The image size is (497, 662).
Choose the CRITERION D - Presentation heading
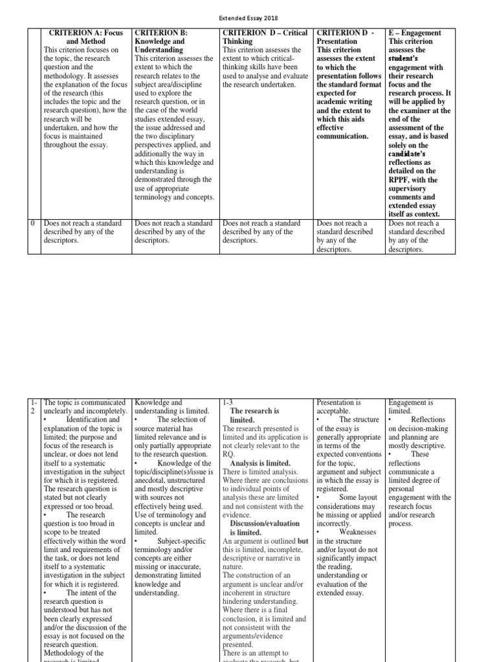(x=347, y=37)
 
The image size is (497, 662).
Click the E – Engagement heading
(x=415, y=32)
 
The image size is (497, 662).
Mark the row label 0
(x=32, y=223)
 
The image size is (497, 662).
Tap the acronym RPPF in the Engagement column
(x=403, y=180)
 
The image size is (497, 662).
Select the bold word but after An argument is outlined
(x=302, y=540)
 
